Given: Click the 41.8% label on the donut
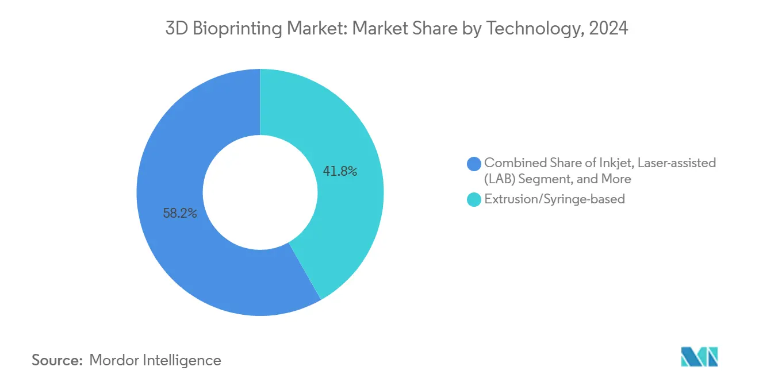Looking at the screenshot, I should point(340,171).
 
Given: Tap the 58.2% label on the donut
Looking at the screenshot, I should point(180,214).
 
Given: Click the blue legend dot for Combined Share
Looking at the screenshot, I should point(474,164).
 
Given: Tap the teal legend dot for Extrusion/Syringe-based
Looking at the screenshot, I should point(474,200).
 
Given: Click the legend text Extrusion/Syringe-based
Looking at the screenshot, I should point(554,200).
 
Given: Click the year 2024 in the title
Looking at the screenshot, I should point(611,29).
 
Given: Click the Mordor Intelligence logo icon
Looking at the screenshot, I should point(699,357).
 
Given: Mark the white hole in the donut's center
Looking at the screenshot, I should point(260,192).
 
